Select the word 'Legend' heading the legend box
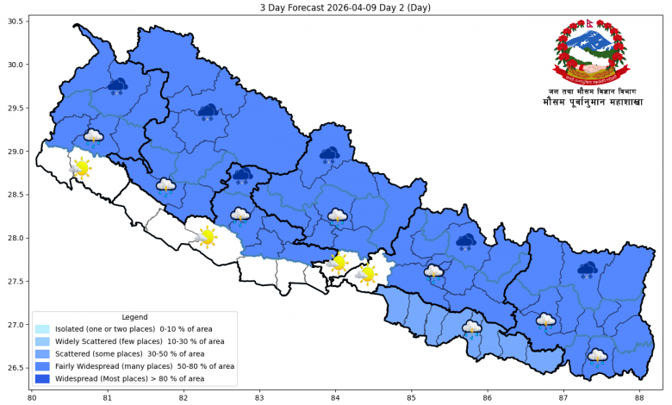[134, 317]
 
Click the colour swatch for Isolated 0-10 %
[42, 329]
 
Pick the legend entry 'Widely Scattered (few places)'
[139, 341]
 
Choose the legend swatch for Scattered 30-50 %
[42, 353]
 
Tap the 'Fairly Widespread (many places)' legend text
[144, 366]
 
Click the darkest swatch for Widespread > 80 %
[42, 378]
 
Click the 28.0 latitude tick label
[16, 238]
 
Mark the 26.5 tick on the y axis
[16, 368]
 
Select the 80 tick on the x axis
[32, 397]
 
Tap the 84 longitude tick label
[335, 397]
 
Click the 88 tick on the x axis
[638, 397]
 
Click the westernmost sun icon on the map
[81, 168]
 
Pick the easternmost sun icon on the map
[367, 275]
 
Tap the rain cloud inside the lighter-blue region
[471, 329]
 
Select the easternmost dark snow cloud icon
[588, 271]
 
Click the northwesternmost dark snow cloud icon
[117, 85]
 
